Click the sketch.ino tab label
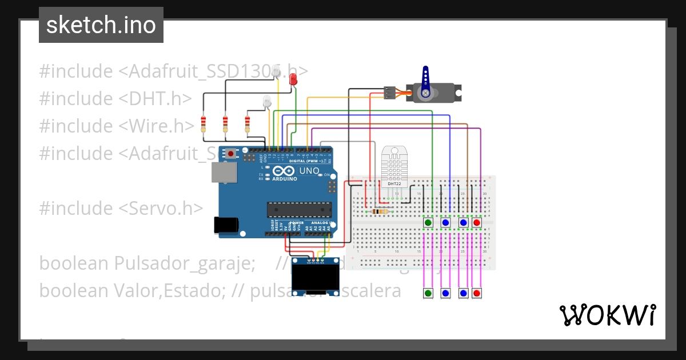point(101,25)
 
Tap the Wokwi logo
point(607,315)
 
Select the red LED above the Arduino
point(293,79)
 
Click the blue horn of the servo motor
point(425,83)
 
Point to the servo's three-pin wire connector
point(389,93)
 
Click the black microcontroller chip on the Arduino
point(299,210)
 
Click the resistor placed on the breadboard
point(380,211)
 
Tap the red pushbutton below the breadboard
point(477,293)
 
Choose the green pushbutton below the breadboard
point(428,293)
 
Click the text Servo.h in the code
point(162,208)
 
